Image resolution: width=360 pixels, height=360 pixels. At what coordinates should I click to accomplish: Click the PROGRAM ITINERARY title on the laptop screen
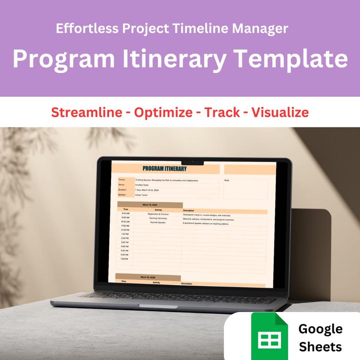(164, 169)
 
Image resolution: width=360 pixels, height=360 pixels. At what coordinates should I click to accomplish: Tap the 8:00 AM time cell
(126, 213)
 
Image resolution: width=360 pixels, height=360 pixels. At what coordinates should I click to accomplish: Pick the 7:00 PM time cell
(125, 259)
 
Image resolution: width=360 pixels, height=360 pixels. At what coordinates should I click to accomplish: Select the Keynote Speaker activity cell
(158, 223)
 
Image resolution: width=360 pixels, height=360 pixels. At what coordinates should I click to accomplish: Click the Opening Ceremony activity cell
(158, 218)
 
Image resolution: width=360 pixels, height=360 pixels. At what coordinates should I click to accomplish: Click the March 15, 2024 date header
(151, 205)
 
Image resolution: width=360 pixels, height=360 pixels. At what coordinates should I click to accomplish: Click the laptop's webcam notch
(192, 162)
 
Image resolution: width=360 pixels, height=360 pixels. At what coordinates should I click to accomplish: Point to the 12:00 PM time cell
(125, 230)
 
